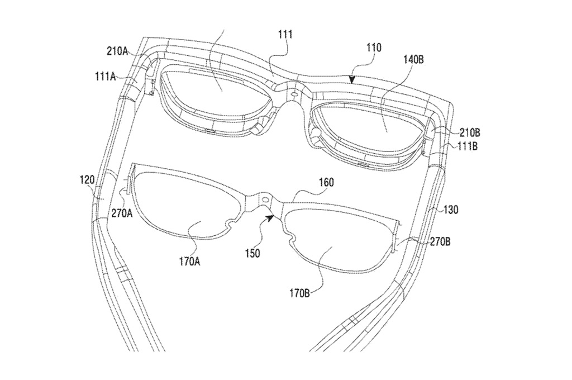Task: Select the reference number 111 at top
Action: click(x=285, y=35)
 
